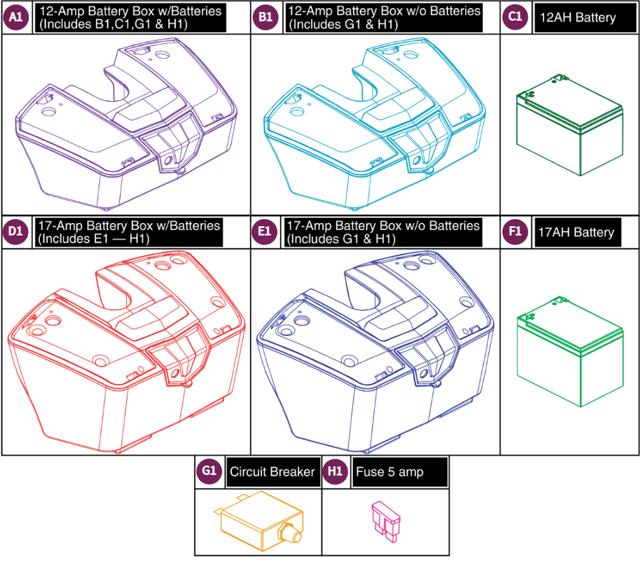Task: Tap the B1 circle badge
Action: [x=265, y=18]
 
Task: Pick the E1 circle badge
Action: [x=265, y=232]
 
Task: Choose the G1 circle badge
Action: [x=209, y=471]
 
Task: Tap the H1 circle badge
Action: [x=335, y=471]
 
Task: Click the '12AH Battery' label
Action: [x=577, y=18]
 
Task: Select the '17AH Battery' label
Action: [x=576, y=232]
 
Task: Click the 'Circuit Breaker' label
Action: [x=272, y=472]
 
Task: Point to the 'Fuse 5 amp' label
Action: [x=389, y=472]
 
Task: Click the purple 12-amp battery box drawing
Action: [x=126, y=126]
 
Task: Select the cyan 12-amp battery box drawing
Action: [x=376, y=126]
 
